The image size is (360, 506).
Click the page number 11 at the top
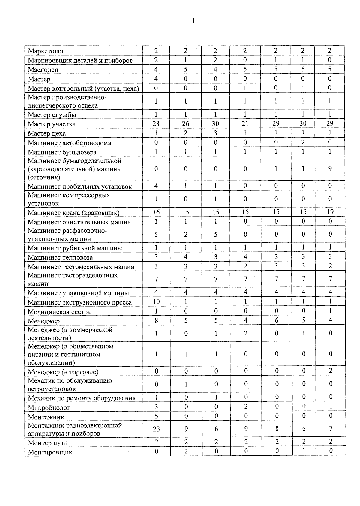pyautogui.click(x=192, y=21)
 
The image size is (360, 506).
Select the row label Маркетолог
pyautogui.click(x=46, y=51)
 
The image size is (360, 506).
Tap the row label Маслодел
pyautogui.click(x=43, y=70)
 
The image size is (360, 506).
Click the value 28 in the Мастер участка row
pyautogui.click(x=156, y=124)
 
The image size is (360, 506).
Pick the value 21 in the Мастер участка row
pyautogui.click(x=245, y=124)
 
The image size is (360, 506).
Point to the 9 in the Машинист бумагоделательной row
pyautogui.click(x=330, y=169)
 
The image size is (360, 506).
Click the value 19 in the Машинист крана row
pyautogui.click(x=330, y=212)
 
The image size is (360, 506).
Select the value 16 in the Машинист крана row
pyautogui.click(x=156, y=212)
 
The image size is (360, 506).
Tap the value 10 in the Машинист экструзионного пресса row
pyautogui.click(x=156, y=301)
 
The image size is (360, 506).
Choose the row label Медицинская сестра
pyautogui.click(x=59, y=312)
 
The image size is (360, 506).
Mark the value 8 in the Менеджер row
pyautogui.click(x=156, y=320)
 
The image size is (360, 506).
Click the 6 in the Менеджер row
pyautogui.click(x=276, y=320)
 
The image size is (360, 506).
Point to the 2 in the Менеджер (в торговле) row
pyautogui.click(x=331, y=371)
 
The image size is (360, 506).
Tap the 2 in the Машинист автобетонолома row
pyautogui.click(x=303, y=142)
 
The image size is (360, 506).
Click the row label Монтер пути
pyautogui.click(x=48, y=443)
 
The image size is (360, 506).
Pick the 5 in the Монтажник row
pyautogui.click(x=156, y=416)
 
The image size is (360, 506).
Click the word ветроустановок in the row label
pyautogui.click(x=52, y=389)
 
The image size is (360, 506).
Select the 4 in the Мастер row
pyautogui.click(x=156, y=79)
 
